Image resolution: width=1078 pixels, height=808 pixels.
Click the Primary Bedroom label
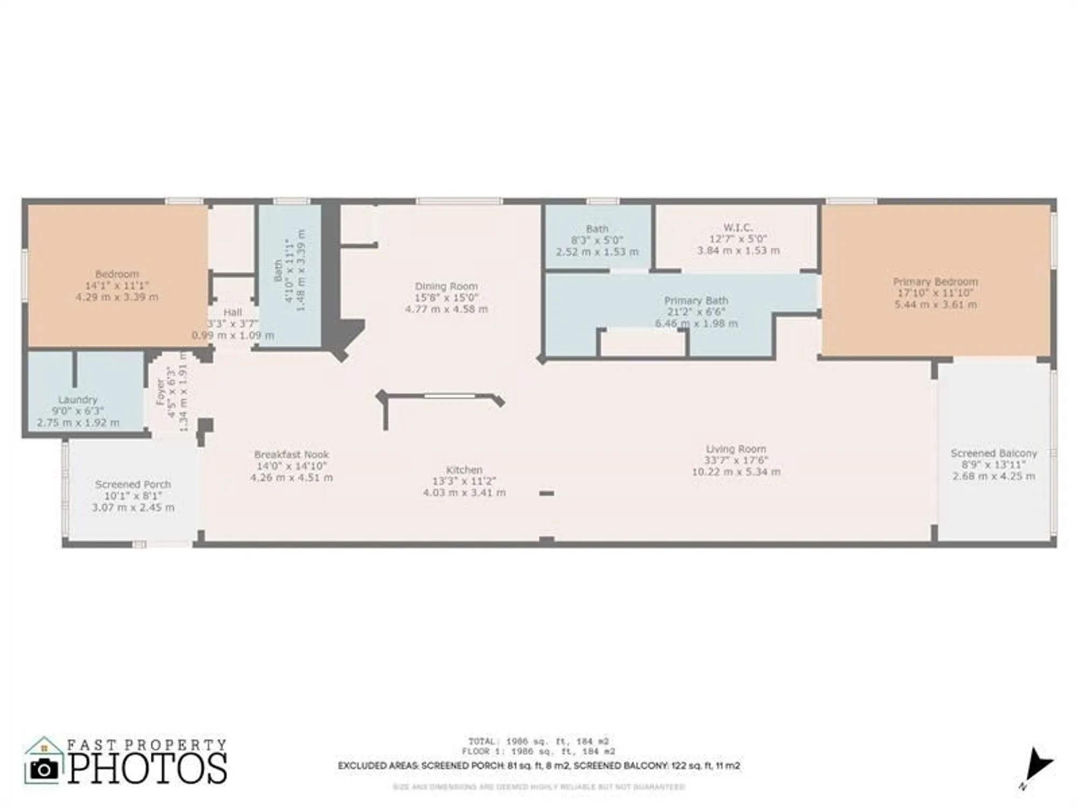tap(935, 282)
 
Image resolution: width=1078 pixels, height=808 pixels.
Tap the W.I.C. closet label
tap(738, 228)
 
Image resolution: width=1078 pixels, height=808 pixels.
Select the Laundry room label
tap(78, 400)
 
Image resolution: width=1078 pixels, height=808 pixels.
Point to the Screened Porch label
tap(133, 484)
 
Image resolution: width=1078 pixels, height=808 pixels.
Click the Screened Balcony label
tap(993, 453)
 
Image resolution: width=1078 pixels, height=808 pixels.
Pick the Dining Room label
tap(446, 286)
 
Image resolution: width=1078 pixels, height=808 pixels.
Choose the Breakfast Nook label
tap(291, 455)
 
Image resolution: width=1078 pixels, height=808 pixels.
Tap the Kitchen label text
tap(464, 470)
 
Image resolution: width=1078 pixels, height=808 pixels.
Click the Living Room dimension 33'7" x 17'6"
tap(736, 460)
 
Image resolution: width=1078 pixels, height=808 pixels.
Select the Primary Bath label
tap(696, 301)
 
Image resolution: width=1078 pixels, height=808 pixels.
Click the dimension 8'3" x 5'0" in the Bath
tap(597, 240)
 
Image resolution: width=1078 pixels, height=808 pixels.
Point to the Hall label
tap(232, 312)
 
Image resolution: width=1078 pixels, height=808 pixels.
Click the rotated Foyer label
tap(160, 392)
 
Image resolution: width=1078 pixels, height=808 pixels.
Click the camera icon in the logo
tap(43, 769)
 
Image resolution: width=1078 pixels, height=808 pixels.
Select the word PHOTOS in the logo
tap(147, 769)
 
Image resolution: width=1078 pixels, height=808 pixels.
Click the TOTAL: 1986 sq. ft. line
tap(538, 741)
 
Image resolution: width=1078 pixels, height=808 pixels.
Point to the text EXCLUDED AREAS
tap(377, 765)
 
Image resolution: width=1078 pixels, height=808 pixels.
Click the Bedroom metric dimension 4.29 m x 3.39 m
tap(117, 297)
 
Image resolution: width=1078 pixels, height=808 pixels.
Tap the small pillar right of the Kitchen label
tap(546, 493)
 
